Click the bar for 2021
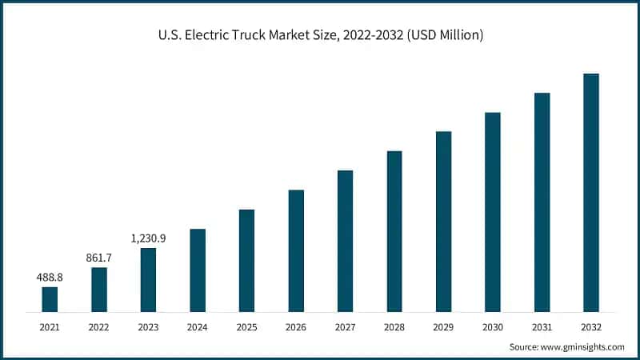point(50,298)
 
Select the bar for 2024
point(198,270)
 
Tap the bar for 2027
point(345,240)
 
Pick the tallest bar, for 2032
point(591,192)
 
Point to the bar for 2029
point(443,221)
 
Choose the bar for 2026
point(296,250)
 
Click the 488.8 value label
point(50,277)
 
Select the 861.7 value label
point(99,258)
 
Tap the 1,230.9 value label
point(148,238)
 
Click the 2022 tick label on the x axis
point(99,327)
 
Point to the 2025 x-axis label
point(246,327)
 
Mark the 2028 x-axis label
point(394,327)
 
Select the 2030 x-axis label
point(493,327)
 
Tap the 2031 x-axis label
point(542,327)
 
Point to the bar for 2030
point(493,211)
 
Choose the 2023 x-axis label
point(148,327)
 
